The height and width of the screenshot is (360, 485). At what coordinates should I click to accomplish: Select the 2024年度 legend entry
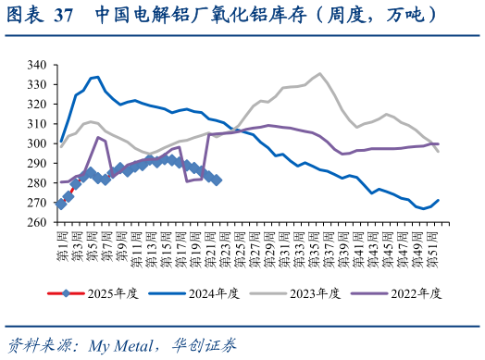(x=214, y=293)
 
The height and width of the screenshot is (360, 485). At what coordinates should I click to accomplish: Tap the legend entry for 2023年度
(x=315, y=293)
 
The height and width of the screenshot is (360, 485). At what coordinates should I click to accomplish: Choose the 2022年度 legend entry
(x=416, y=293)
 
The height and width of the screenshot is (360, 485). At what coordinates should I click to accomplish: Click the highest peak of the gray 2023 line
(x=319, y=73)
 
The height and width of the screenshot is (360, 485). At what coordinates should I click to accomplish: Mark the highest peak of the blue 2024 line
(x=98, y=77)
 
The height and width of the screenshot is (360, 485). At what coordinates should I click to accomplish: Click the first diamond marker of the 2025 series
(x=61, y=204)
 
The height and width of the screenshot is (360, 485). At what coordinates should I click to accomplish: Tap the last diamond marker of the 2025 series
(x=216, y=180)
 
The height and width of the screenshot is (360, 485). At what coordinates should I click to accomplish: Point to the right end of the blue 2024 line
(x=438, y=200)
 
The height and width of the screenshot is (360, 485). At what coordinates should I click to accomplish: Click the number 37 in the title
(x=64, y=16)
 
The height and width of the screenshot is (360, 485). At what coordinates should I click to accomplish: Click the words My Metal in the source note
(x=122, y=346)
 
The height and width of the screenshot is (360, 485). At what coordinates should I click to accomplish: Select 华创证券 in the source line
(x=204, y=346)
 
